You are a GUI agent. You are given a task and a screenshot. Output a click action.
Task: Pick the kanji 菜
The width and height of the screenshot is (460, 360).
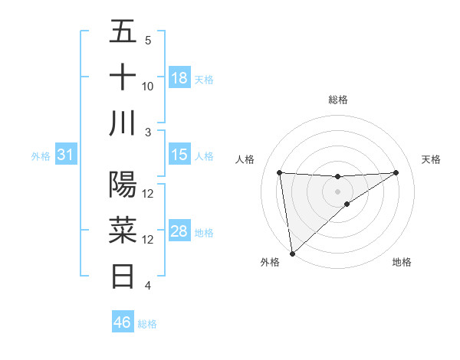[x=123, y=230]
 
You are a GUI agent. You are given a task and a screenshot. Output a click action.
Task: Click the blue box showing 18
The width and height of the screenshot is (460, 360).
[x=179, y=78]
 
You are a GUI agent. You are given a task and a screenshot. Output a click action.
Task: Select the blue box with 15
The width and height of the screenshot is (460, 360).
[x=179, y=155]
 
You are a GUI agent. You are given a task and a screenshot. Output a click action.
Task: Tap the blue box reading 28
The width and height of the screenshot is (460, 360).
[x=179, y=231]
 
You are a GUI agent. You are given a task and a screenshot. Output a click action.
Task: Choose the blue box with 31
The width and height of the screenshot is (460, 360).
[x=65, y=155]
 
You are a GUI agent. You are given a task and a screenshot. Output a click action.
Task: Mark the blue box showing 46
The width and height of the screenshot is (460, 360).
[x=122, y=322]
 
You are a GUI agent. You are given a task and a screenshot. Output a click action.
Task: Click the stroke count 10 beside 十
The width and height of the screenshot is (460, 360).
[x=148, y=87]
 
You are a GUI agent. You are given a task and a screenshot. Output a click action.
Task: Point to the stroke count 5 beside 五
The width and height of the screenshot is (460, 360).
[x=148, y=41]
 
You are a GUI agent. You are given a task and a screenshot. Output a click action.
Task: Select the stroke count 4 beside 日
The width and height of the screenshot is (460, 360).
[x=148, y=286]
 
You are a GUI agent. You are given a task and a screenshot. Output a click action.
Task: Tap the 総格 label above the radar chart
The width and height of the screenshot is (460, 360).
[x=337, y=100]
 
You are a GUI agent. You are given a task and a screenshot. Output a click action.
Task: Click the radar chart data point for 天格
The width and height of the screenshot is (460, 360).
[x=396, y=172]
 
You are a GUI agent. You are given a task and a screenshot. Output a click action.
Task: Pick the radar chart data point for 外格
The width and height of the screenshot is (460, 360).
[x=292, y=253]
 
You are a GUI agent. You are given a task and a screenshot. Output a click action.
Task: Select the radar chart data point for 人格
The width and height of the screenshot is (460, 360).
[x=280, y=172]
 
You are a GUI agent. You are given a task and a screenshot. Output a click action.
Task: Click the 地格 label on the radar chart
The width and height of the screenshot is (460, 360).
[x=402, y=263]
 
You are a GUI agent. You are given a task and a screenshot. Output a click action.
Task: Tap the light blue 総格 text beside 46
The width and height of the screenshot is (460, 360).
[x=148, y=324]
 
